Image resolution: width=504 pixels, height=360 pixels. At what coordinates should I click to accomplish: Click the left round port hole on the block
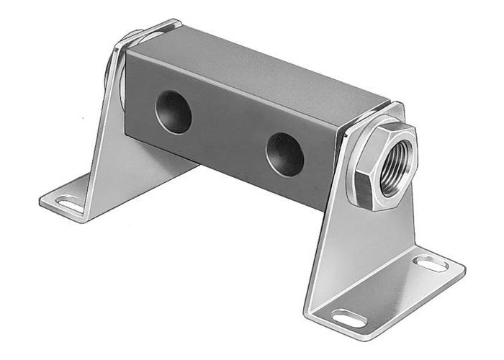pos(174,112)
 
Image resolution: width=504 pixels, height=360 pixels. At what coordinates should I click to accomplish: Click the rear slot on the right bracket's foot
pos(433,264)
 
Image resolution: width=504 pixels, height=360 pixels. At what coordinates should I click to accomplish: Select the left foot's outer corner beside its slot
pos(41,196)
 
